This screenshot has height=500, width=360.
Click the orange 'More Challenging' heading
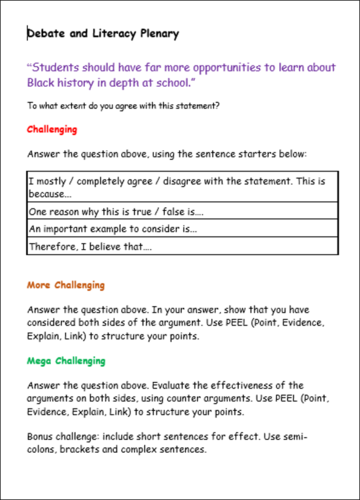(x=65, y=285)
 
